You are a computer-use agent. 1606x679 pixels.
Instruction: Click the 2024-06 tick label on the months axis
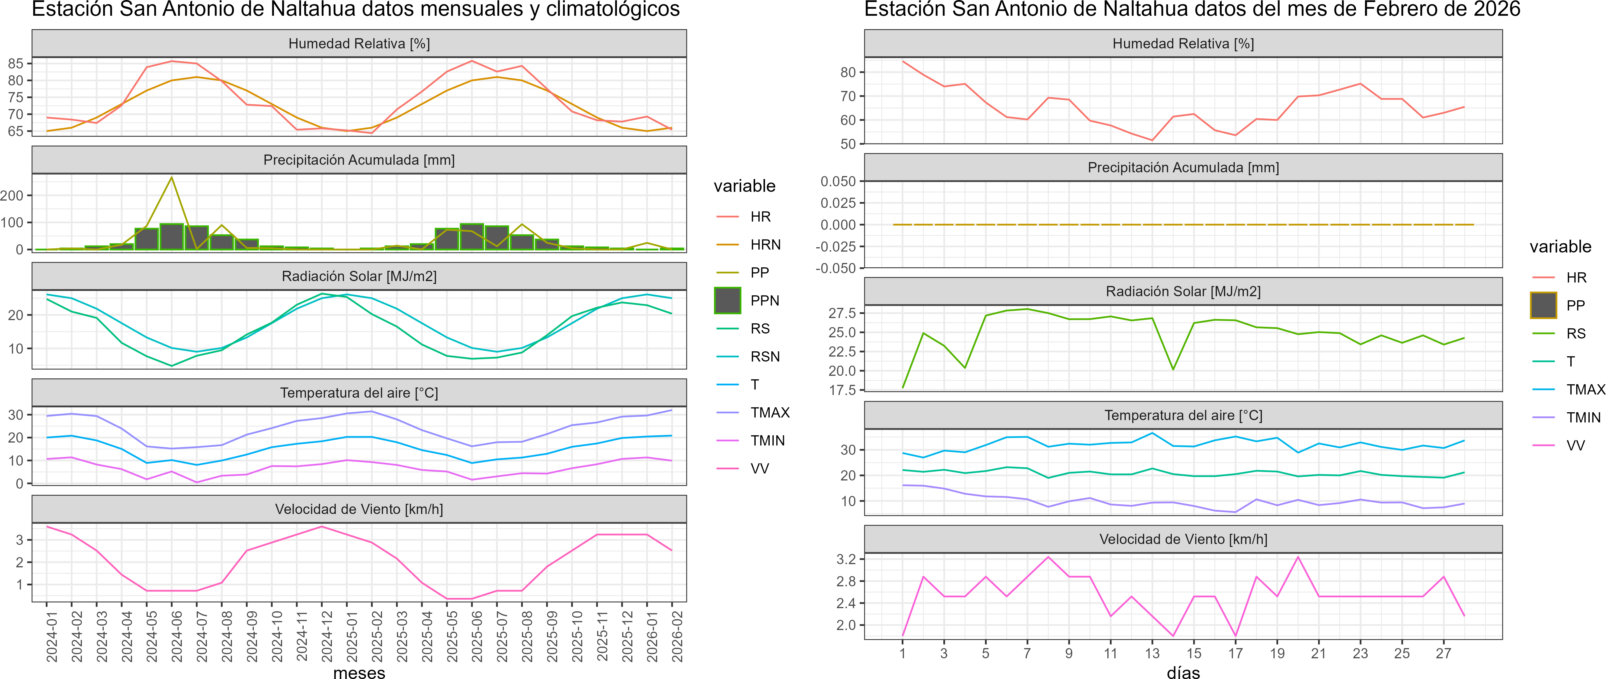(177, 636)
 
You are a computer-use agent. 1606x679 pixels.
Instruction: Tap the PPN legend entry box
(727, 301)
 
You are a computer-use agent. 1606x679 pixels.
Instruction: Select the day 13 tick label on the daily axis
(1152, 653)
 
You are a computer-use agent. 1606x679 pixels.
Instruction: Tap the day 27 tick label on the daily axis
(1444, 653)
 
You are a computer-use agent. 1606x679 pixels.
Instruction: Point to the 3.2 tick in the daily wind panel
(846, 559)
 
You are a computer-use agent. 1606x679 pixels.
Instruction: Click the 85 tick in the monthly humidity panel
(15, 64)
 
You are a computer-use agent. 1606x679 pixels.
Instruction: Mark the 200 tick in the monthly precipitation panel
(12, 196)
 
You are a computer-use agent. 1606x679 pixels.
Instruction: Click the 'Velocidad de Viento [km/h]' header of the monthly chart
(359, 509)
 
